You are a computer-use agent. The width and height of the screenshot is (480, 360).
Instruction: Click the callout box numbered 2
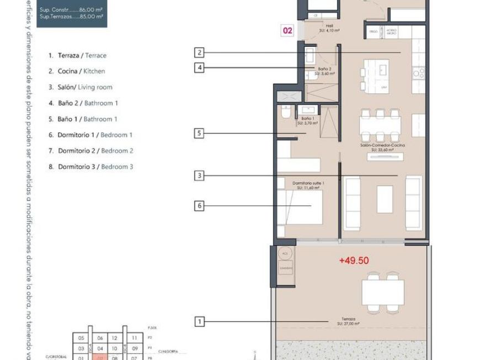click(199, 52)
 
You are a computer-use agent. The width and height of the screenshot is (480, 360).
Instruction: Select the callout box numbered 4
click(199, 67)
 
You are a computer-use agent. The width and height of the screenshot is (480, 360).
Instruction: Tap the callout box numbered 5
click(199, 133)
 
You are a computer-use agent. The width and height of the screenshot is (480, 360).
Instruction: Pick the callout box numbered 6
click(199, 206)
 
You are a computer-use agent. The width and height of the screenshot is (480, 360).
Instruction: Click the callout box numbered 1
click(199, 321)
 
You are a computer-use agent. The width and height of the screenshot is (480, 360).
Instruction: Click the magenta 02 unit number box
click(287, 31)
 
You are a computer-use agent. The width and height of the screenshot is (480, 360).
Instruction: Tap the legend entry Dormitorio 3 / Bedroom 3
click(90, 167)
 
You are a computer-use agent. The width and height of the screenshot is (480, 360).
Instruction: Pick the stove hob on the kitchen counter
click(419, 72)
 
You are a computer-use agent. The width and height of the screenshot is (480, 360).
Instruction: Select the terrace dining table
click(382, 290)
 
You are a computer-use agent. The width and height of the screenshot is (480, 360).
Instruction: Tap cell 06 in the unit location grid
click(100, 338)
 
